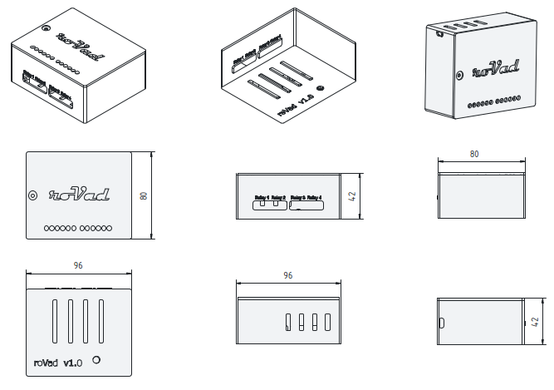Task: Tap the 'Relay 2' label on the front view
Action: [278, 197]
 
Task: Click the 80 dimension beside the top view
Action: [144, 195]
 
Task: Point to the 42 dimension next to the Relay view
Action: [352, 197]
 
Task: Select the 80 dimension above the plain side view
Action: [474, 154]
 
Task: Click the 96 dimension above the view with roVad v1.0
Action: [78, 266]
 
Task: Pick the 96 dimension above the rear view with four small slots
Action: [287, 274]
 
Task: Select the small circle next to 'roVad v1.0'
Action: [98, 360]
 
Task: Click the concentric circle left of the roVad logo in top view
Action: [33, 196]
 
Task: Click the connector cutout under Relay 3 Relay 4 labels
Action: [307, 205]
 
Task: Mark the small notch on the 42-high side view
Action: [441, 323]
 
